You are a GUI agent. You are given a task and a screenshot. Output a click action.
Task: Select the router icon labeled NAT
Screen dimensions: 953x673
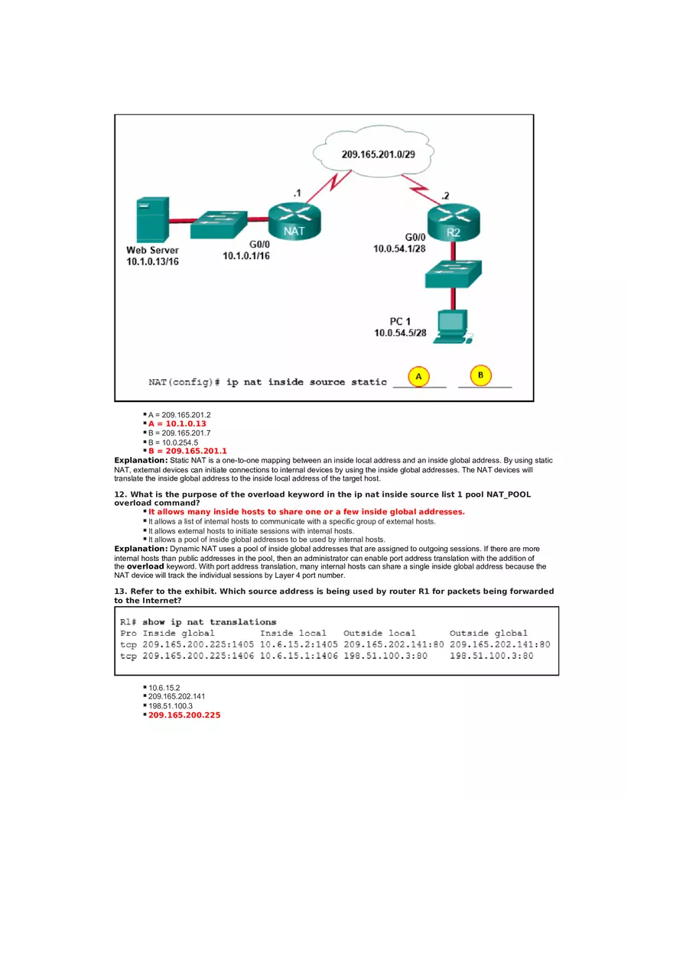pyautogui.click(x=295, y=219)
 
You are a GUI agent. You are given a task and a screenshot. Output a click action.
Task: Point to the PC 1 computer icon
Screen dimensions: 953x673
pyautogui.click(x=453, y=326)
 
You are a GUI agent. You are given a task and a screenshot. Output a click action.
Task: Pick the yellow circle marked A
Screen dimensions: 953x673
pyautogui.click(x=418, y=376)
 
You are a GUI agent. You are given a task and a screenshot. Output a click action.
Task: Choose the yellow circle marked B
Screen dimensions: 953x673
pyautogui.click(x=480, y=375)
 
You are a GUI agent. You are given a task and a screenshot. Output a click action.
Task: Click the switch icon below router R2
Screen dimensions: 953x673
pyautogui.click(x=454, y=273)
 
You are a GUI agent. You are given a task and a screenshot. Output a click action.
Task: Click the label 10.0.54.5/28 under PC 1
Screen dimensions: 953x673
pyautogui.click(x=400, y=333)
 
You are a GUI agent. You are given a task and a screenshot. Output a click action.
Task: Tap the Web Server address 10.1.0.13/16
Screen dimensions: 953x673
pyautogui.click(x=153, y=262)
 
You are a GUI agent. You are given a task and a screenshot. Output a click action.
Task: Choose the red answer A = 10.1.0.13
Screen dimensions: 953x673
pyautogui.click(x=177, y=423)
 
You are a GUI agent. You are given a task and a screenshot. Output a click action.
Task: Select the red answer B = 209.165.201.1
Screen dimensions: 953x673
pyautogui.click(x=187, y=451)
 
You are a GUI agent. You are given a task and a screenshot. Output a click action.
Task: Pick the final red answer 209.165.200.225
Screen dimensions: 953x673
pyautogui.click(x=184, y=715)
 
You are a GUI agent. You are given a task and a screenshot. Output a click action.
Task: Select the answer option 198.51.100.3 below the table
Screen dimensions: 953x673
pyautogui.click(x=171, y=705)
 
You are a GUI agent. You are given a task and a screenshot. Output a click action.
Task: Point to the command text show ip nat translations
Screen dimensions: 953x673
pyautogui.click(x=209, y=622)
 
